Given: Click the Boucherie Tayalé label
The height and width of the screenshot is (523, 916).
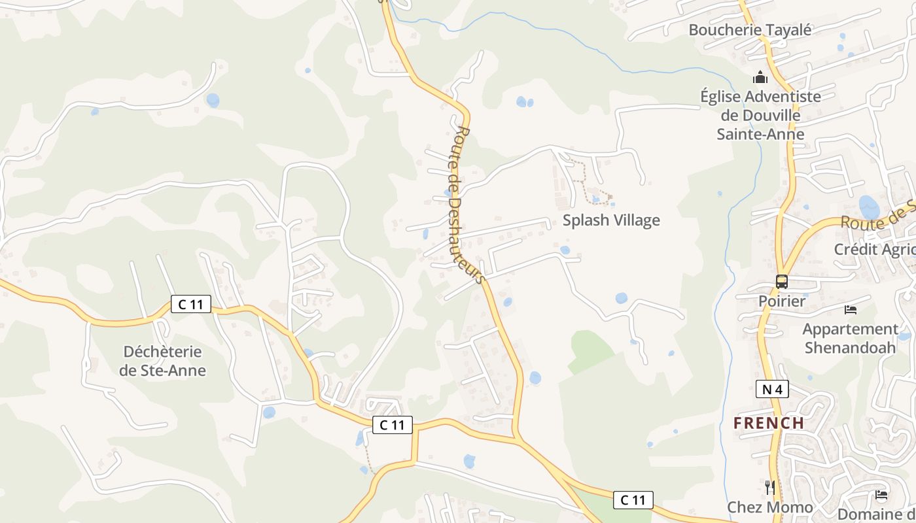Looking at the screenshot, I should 750,29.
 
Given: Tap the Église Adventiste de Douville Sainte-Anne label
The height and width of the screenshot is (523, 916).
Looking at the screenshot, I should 760,115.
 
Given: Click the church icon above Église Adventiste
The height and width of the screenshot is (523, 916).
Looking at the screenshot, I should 760,78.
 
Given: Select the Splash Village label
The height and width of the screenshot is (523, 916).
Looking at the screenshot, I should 611,220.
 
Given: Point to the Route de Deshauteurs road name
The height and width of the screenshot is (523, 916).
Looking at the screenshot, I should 468,205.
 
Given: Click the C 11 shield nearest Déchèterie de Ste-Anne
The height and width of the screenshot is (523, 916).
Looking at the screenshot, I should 191,304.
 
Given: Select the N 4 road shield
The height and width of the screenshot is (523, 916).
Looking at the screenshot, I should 772,390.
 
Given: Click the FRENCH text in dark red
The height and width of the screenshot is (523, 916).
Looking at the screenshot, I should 769,423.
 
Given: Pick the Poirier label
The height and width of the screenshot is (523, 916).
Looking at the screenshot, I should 782,301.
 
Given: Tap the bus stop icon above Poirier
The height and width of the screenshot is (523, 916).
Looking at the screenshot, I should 782,282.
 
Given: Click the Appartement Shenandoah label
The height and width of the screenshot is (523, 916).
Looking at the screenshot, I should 850,338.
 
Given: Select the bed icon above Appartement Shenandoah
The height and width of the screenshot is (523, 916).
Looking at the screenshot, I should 850,309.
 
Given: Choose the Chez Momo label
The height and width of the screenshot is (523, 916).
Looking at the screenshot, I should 770,507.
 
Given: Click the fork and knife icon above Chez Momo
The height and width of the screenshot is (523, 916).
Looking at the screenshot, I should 770,487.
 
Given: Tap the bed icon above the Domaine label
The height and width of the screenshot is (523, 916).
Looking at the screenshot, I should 881,495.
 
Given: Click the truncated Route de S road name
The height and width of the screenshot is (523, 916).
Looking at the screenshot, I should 877,216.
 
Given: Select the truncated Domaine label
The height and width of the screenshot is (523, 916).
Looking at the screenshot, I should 876,514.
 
